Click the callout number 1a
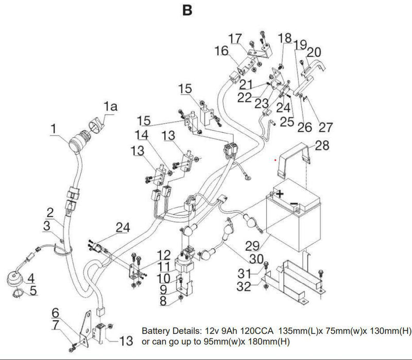(x=111, y=107)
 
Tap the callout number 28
(x=322, y=146)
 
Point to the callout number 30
(x=256, y=258)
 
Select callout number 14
(x=142, y=135)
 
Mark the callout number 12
(x=164, y=254)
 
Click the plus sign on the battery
(x=280, y=194)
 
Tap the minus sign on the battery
(x=293, y=205)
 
